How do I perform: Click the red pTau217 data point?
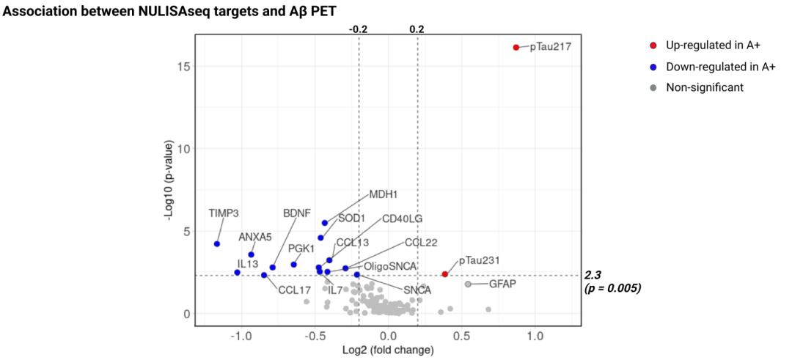click(516, 48)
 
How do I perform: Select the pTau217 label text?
click(550, 48)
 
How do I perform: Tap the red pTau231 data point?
click(444, 274)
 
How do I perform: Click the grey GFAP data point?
click(468, 284)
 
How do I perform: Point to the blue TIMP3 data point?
click(217, 244)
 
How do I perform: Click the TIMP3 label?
click(224, 213)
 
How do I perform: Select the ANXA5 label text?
click(254, 237)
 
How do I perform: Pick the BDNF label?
click(297, 213)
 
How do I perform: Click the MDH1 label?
click(383, 195)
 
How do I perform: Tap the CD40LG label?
click(402, 219)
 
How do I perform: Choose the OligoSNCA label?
click(390, 265)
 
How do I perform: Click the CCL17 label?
click(295, 290)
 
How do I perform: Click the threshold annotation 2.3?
click(593, 275)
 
